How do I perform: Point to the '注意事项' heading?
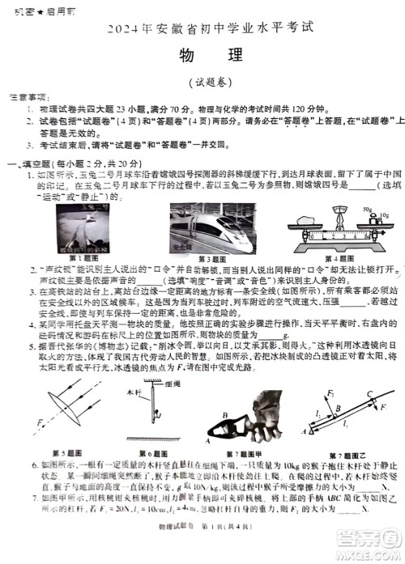(x=31, y=96)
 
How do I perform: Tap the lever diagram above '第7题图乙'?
(x=345, y=413)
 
